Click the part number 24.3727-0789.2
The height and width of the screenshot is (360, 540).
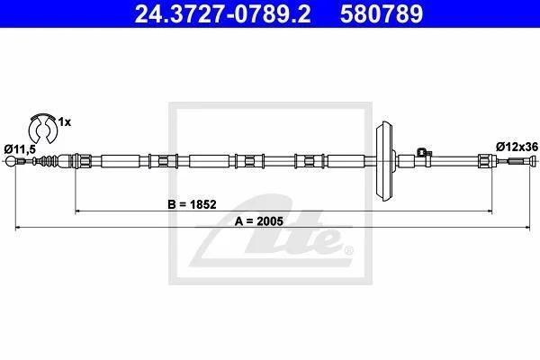tap(222, 13)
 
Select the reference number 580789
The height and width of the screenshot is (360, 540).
tap(382, 13)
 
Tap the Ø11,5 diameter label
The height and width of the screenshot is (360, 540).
tap(20, 149)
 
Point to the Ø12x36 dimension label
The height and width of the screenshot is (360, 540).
tap(517, 147)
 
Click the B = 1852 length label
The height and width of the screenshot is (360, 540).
tap(192, 204)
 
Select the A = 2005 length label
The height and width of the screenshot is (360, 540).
tap(259, 221)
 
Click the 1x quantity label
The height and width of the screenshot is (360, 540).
tap(65, 122)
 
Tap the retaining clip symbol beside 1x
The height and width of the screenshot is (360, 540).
tap(43, 128)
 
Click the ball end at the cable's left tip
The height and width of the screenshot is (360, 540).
tap(11, 161)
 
